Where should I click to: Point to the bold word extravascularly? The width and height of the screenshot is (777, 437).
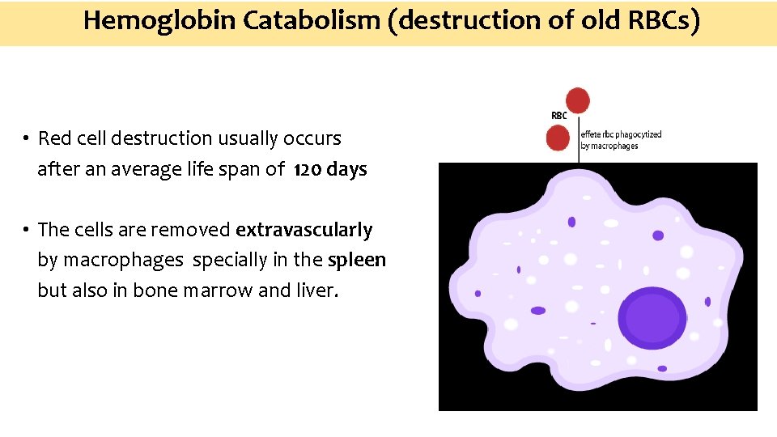coord(304,230)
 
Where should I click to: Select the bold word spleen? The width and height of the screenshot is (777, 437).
coord(357,261)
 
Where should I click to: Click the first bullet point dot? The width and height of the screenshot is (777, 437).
coord(27,139)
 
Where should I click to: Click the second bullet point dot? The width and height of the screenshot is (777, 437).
coord(27,231)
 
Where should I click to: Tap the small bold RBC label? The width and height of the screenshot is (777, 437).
coord(558,116)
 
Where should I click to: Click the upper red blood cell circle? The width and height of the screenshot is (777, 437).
coord(578,100)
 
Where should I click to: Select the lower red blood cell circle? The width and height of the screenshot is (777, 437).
coord(558,138)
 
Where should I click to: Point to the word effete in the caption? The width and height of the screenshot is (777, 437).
coord(592,134)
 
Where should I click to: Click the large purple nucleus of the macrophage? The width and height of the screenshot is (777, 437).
coord(652,317)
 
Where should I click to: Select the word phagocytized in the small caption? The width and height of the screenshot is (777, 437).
coord(639,134)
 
